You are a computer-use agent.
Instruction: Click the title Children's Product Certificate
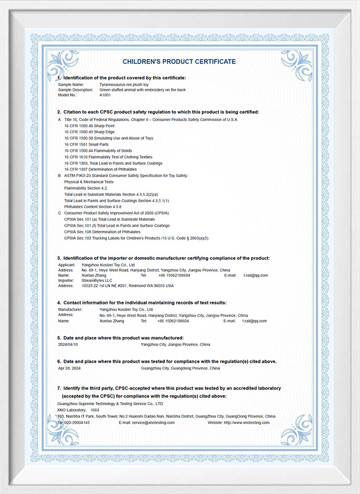179,62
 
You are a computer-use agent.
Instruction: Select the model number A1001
105,95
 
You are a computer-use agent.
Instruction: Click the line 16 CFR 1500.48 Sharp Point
89,125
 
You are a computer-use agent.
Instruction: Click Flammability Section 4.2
85,188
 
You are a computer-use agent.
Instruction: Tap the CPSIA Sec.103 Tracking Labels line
137,237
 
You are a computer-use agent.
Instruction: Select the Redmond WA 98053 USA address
127,286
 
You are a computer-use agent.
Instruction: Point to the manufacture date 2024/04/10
69,344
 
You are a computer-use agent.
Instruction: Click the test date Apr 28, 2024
70,369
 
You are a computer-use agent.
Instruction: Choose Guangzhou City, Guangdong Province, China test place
181,369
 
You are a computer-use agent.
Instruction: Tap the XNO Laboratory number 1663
95,410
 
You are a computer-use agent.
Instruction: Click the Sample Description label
76,89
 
